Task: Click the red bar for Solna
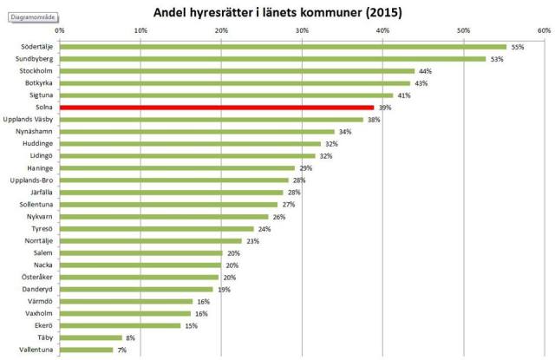click(x=217, y=108)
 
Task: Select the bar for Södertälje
click(x=282, y=47)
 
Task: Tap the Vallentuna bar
click(x=87, y=350)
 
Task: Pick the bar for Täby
click(x=90, y=337)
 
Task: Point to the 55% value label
click(x=518, y=47)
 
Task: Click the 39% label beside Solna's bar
click(x=385, y=108)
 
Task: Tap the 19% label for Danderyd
click(x=224, y=289)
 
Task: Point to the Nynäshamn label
click(x=35, y=132)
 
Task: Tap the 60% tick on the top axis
click(x=543, y=30)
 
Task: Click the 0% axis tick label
click(x=59, y=30)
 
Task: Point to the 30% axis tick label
click(x=301, y=30)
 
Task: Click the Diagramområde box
click(x=31, y=16)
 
